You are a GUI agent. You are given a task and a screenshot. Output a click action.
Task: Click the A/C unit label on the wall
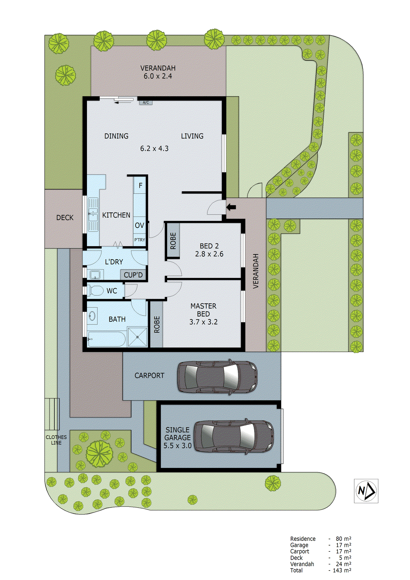coord(146,103)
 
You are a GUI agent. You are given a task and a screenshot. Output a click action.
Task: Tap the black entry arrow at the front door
coord(231,207)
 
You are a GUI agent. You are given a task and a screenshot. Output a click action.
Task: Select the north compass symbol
coord(366,491)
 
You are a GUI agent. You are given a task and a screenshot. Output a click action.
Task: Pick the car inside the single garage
coord(234,436)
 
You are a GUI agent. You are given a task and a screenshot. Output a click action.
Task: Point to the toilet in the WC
coord(96,290)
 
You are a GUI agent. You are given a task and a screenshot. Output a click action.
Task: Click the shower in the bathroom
coord(138,337)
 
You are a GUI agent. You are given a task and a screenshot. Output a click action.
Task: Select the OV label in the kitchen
coord(140,225)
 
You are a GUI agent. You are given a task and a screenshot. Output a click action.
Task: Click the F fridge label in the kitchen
coord(140,186)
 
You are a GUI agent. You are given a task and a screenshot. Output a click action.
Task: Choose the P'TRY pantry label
coord(140,240)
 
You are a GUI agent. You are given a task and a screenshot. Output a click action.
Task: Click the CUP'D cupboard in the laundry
coord(133,275)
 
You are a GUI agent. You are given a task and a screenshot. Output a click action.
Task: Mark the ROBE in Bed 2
coord(173,241)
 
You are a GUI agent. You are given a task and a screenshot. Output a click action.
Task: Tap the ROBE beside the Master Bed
coord(157,324)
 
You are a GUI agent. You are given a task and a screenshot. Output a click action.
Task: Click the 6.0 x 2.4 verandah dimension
coord(158,76)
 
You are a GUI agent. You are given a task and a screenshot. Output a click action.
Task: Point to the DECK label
coord(65,217)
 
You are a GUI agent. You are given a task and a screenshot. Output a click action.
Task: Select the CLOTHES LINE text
coord(56,440)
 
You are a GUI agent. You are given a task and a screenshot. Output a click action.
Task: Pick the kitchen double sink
coord(94,215)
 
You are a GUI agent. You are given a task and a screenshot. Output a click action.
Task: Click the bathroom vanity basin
coord(92,316)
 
